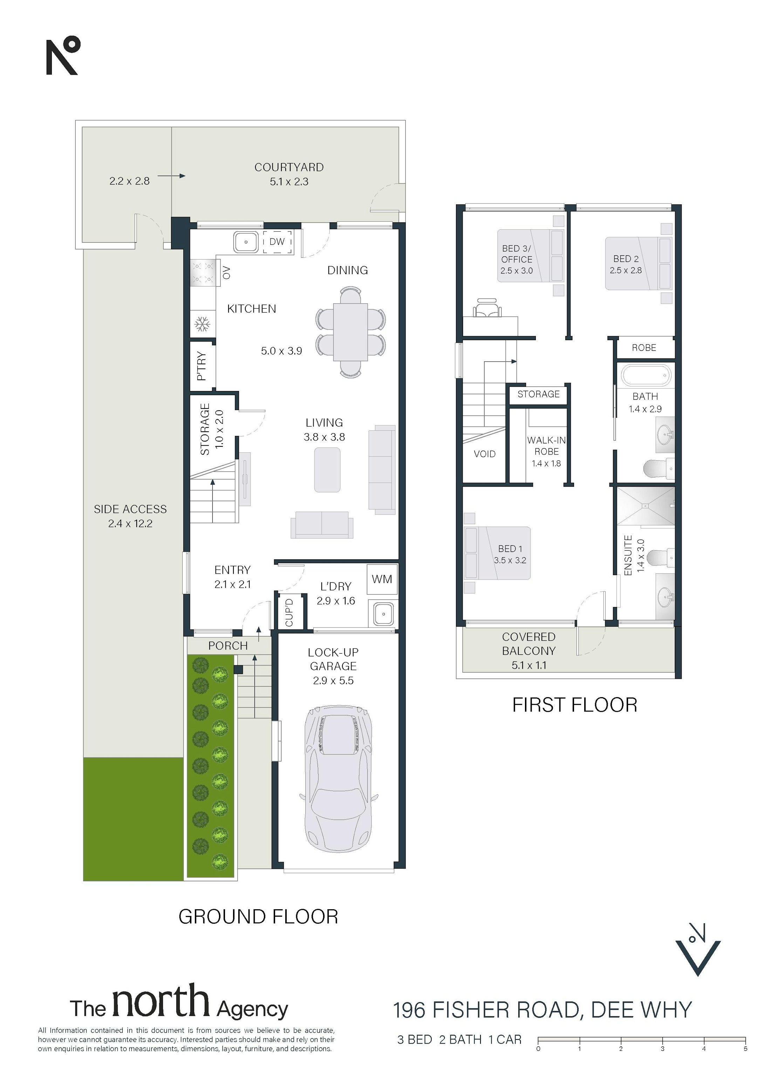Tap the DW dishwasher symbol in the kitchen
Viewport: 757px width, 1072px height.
coord(277,242)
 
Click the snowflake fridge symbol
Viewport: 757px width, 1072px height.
coord(203,324)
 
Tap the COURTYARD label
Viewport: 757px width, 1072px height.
coord(289,167)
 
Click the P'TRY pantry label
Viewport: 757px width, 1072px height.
coord(202,366)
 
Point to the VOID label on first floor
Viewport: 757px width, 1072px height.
coord(484,454)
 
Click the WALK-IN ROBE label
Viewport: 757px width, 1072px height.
coord(546,446)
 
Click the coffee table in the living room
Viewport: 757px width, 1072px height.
coord(327,470)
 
